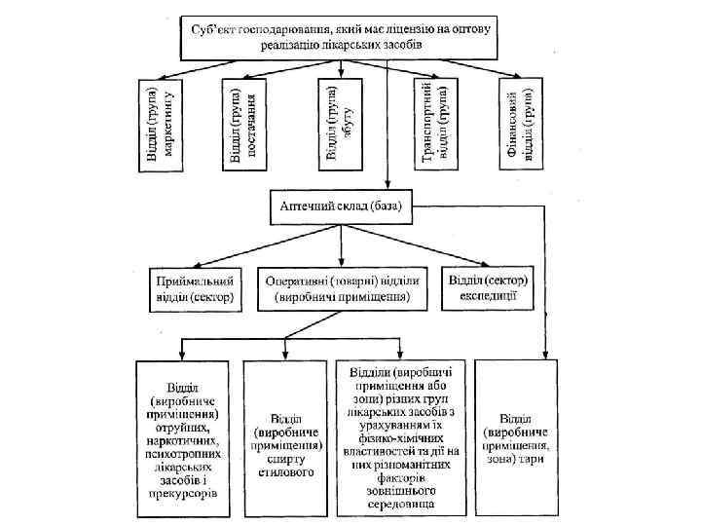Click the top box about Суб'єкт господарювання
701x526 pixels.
[340, 38]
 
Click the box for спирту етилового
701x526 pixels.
[283, 438]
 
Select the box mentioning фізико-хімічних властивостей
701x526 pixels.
[400, 437]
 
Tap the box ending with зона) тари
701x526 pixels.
[517, 438]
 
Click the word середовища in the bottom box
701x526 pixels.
[400, 506]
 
